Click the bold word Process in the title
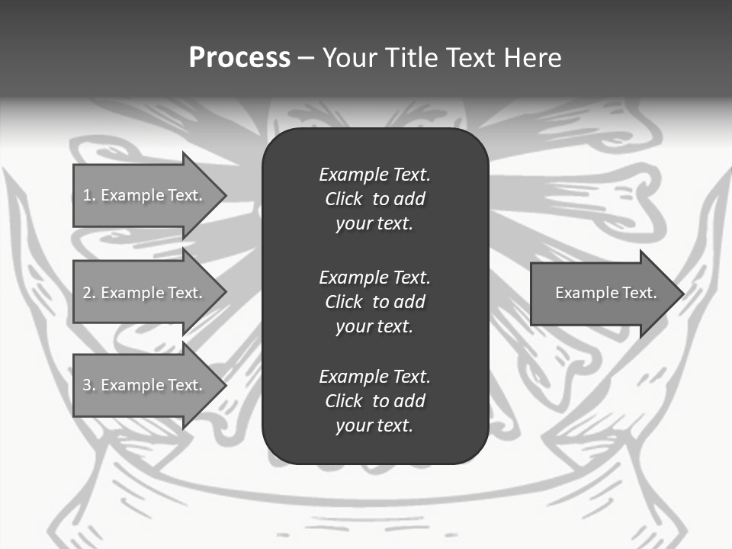pos(239,57)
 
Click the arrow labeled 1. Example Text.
pos(145,195)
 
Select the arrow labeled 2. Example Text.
pos(145,293)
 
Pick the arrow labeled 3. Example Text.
pos(145,385)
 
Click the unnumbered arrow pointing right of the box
pos(602,293)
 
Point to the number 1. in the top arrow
pos(89,195)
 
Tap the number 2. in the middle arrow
pos(89,293)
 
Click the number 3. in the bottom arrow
pos(89,385)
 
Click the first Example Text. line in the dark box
pos(374,175)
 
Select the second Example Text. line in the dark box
pos(374,278)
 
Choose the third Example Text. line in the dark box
pos(374,377)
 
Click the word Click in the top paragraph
pos(343,199)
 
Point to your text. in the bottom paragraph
pos(374,425)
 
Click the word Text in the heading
pos(470,57)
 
